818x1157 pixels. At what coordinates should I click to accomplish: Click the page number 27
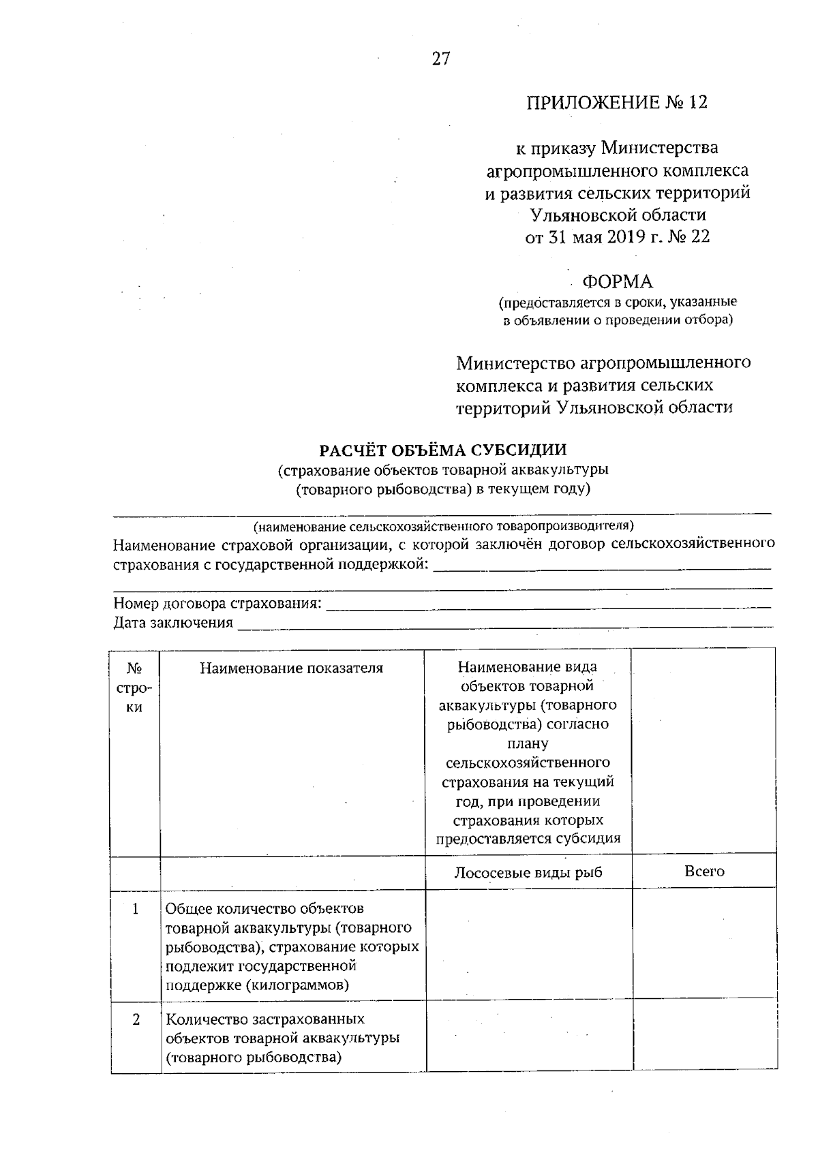coord(441,59)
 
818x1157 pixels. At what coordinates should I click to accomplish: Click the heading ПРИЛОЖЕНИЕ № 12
coord(617,102)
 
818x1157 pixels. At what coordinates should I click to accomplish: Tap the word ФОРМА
coord(617,281)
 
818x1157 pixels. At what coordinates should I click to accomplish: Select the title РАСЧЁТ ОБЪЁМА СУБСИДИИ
coord(443,450)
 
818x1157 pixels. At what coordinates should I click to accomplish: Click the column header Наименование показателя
coord(292,668)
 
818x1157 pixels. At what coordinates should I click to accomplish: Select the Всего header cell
coord(703,871)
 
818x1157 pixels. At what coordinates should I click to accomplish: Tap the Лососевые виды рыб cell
coord(528,872)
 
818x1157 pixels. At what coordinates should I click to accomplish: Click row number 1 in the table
coord(136,909)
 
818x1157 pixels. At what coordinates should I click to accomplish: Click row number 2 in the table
coord(136,1019)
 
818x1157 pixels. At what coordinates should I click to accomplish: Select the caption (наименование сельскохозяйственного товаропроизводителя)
coord(443,526)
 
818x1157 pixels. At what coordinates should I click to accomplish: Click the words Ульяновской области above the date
coord(618,215)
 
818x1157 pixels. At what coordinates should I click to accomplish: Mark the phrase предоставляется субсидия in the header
coord(528,839)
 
